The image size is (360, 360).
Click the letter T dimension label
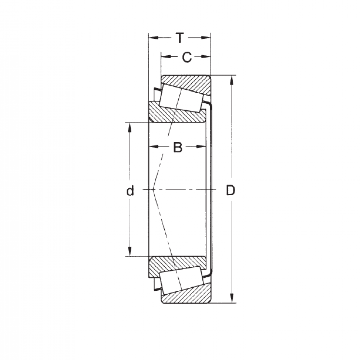(179, 38)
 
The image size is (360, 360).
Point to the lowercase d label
(130, 190)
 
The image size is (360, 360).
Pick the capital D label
(230, 190)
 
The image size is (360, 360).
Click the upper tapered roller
(181, 98)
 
